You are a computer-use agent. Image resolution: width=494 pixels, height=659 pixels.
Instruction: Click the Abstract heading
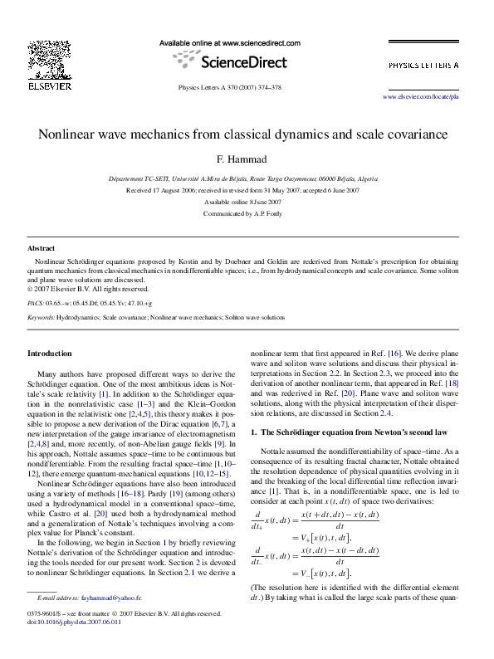[x=42, y=248]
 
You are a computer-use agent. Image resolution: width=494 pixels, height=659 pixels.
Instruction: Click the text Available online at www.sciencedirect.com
[x=229, y=42]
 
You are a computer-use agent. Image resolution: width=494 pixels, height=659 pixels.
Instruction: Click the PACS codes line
[x=90, y=304]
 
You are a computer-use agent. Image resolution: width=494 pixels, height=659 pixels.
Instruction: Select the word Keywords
[x=41, y=318]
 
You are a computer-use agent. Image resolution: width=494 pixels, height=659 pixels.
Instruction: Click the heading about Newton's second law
[x=355, y=432]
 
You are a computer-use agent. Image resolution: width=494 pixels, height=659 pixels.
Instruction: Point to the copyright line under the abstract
[x=88, y=289]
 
